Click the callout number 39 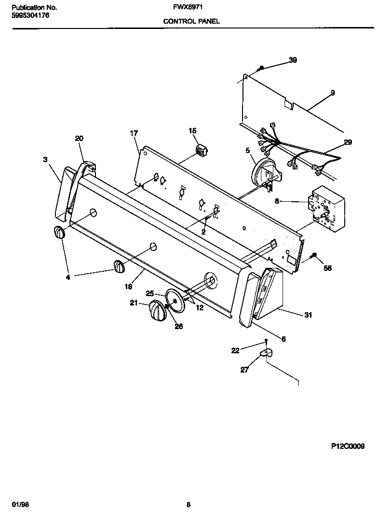(x=293, y=60)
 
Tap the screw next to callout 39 (x=261, y=69)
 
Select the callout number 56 (x=327, y=268)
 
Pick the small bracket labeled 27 (x=266, y=354)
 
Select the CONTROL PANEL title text (x=191, y=21)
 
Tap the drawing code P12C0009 (x=348, y=447)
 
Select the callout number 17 (x=134, y=133)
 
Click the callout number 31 (x=308, y=315)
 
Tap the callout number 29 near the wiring (x=348, y=142)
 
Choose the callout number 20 (x=79, y=139)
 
